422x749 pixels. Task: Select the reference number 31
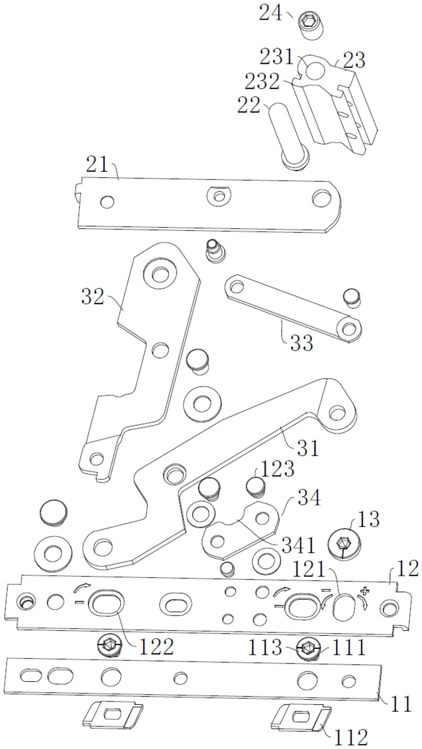[x=308, y=448]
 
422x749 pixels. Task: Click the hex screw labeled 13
[x=345, y=544]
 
